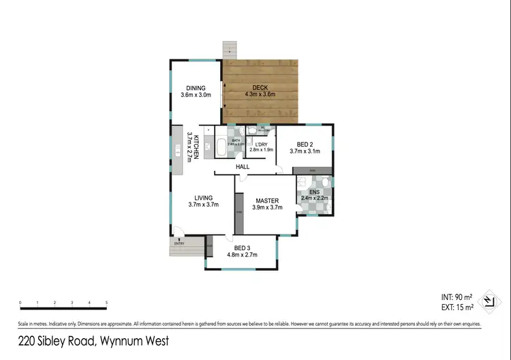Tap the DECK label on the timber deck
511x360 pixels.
click(259, 87)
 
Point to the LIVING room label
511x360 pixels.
click(203, 199)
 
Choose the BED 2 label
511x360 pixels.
click(305, 144)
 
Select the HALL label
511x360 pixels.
click(243, 166)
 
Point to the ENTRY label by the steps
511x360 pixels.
click(179, 243)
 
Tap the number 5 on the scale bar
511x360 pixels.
click(106, 303)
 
